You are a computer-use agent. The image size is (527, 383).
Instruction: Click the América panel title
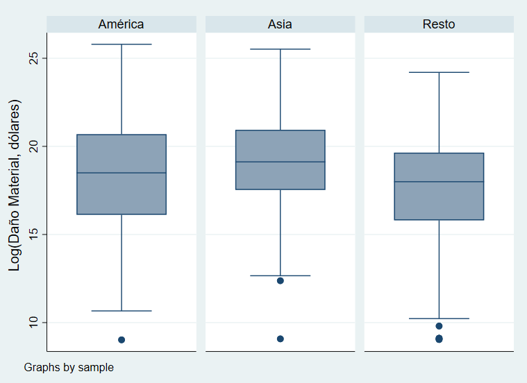[121, 24]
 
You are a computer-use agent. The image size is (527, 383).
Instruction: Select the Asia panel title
[280, 24]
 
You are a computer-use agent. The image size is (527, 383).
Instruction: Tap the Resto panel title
[439, 24]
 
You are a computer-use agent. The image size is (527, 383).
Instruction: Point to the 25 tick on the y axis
[33, 58]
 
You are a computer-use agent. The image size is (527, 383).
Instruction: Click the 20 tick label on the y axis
[33, 146]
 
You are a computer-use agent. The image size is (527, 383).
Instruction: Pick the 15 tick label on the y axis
[33, 235]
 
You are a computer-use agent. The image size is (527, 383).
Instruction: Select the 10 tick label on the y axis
[33, 323]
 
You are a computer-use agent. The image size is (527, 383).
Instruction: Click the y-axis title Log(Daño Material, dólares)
[15, 185]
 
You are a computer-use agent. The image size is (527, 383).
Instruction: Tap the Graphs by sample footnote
[69, 367]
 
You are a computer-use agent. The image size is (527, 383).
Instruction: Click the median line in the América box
[122, 173]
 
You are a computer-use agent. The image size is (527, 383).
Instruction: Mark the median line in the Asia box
[281, 162]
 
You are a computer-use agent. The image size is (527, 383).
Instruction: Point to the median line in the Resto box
[439, 182]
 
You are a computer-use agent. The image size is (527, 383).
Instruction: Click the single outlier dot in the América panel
[122, 340]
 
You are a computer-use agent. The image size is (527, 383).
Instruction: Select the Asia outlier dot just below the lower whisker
[281, 281]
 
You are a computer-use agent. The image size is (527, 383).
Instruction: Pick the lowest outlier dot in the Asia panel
[281, 339]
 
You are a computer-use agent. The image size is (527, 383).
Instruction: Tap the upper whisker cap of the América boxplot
[122, 44]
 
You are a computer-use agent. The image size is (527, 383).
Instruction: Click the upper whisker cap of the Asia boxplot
[281, 49]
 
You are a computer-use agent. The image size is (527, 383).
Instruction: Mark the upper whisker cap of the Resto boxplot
[439, 72]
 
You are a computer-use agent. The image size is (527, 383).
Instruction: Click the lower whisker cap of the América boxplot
[122, 311]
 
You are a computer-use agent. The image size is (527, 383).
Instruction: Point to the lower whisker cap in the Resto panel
[439, 318]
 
